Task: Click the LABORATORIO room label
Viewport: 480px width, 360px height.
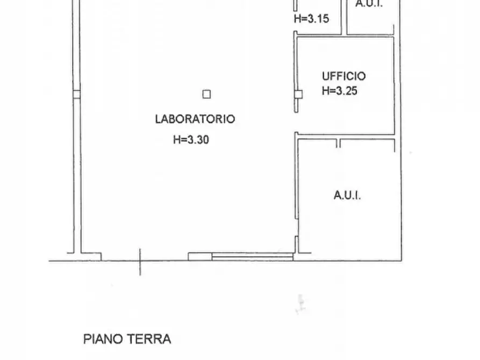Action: tap(195, 119)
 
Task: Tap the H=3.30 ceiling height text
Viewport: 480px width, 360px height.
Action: tap(191, 140)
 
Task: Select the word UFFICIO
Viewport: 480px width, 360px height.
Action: tap(343, 76)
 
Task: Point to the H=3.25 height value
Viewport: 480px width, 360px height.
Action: tap(339, 91)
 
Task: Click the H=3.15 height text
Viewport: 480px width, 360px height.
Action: tap(311, 18)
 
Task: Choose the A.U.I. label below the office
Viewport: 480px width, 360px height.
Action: tap(347, 195)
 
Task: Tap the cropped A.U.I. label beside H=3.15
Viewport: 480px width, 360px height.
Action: tap(369, 4)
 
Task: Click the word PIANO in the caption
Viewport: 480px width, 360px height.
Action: tap(104, 339)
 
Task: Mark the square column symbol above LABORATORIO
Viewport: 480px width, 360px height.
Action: tap(206, 95)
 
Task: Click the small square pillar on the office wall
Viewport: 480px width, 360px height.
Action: tap(298, 95)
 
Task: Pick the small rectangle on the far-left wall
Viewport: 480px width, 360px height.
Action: tap(76, 95)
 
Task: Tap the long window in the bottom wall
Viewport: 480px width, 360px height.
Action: tap(252, 257)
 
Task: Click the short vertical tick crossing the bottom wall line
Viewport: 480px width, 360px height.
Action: tap(140, 262)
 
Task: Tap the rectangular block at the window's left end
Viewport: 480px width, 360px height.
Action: tap(199, 257)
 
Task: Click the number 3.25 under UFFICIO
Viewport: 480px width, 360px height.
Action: tap(347, 91)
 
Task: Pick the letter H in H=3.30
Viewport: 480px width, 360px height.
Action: tap(176, 140)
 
